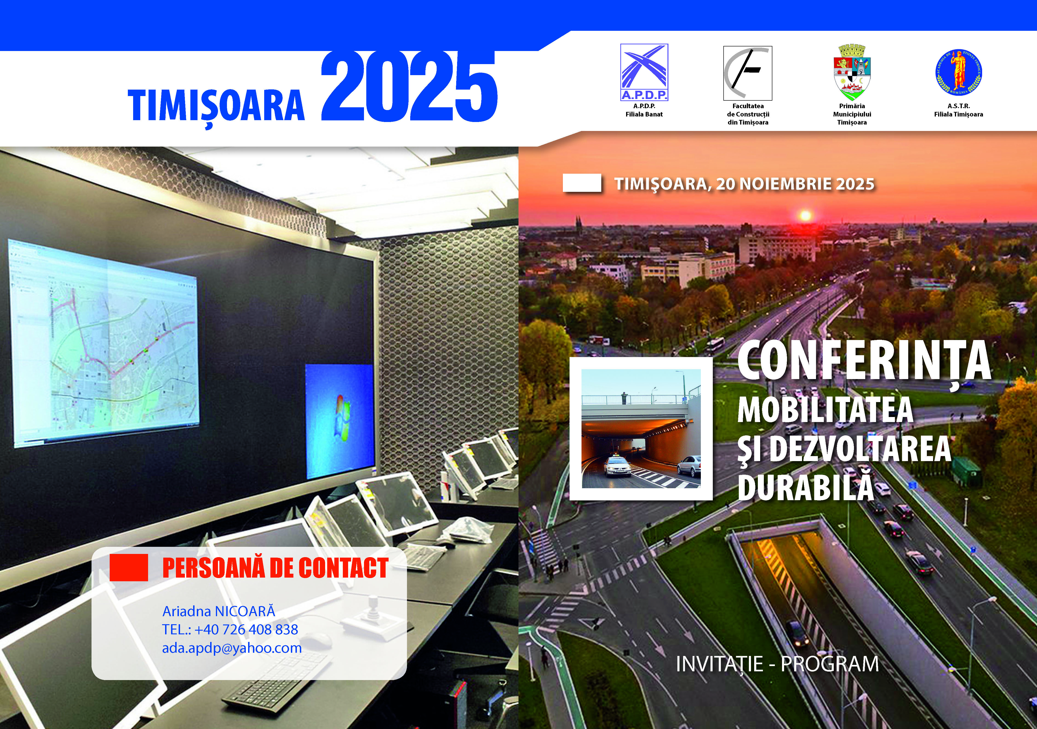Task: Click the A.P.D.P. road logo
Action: point(644,72)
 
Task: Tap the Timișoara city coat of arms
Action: point(852,73)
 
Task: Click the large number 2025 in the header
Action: point(409,87)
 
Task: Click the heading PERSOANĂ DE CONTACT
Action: point(275,568)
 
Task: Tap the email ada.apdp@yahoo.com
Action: point(232,648)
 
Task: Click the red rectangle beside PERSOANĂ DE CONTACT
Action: point(129,567)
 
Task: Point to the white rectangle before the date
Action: point(582,183)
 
